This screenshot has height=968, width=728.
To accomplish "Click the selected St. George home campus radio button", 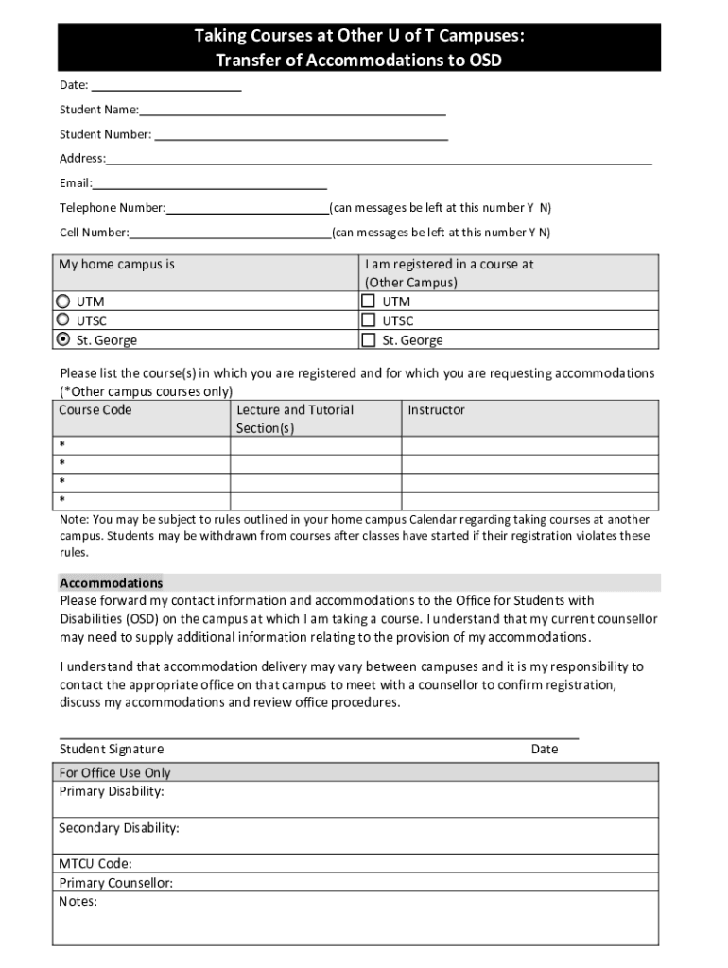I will (x=63, y=339).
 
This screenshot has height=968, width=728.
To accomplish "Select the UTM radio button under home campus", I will (x=63, y=302).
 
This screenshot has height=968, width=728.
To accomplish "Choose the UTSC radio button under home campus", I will (x=63, y=320).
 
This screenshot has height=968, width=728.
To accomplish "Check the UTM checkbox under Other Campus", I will (x=369, y=302).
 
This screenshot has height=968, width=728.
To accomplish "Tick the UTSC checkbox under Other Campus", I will (x=369, y=320).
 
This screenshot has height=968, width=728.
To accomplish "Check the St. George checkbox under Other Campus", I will (x=369, y=339).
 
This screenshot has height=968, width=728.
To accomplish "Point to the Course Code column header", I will (x=95, y=410).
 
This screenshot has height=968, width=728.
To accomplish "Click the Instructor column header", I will (x=436, y=410).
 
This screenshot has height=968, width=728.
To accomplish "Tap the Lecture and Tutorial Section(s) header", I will (x=295, y=419).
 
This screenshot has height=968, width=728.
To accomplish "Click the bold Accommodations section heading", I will (x=111, y=583).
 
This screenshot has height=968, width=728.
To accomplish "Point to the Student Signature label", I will (x=112, y=750).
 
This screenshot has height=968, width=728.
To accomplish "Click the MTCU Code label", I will (x=95, y=864).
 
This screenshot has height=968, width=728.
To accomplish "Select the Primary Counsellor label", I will (x=115, y=883).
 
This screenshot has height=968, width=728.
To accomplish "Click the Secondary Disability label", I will (x=119, y=828).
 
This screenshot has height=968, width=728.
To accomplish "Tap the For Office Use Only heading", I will (x=115, y=773).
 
